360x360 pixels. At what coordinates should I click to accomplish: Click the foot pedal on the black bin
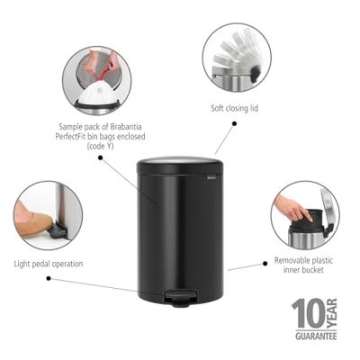181,298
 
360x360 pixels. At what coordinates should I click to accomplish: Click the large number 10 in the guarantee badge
309,314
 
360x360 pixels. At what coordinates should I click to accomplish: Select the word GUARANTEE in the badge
316,336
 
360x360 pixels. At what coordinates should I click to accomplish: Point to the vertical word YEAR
332,313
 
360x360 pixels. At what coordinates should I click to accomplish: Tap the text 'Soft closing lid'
234,108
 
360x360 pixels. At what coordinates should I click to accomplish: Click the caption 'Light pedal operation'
49,264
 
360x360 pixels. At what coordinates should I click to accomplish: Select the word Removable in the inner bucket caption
290,260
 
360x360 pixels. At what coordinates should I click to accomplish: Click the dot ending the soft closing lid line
235,123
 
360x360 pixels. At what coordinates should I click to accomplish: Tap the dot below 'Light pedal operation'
49,278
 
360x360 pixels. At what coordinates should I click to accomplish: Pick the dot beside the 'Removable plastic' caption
265,264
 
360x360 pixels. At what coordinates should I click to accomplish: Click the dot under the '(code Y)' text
101,157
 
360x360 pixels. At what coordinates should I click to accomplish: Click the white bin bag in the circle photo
95,94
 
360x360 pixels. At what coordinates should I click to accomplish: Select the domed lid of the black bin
180,165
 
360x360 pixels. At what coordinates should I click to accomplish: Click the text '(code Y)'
101,147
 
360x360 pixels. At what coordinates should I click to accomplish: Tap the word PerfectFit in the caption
72,137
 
